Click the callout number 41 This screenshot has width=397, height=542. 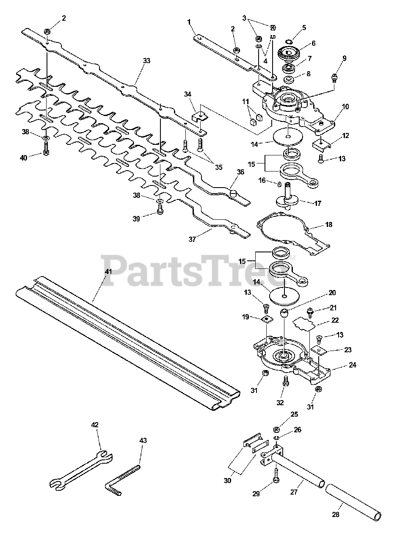coord(109,271)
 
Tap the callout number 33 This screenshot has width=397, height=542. coord(146,61)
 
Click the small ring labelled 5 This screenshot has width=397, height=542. coord(290,41)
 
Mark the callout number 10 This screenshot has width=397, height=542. coord(345,107)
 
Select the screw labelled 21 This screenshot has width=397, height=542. coord(310,313)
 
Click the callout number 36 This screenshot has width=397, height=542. coord(241,172)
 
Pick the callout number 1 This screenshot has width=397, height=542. coord(189,21)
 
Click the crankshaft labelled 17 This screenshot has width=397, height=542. coord(289,197)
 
